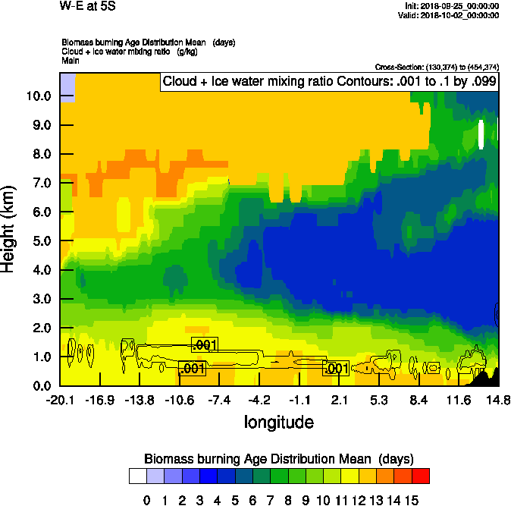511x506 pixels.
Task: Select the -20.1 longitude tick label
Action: click(59, 400)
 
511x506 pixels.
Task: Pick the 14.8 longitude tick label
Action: click(498, 400)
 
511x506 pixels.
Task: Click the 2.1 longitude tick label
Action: click(340, 400)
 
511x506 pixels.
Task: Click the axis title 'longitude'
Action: click(278, 421)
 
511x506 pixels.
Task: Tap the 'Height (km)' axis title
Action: click(9, 229)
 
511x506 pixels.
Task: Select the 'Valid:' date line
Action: click(450, 15)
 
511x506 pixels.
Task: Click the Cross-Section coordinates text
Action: click(437, 67)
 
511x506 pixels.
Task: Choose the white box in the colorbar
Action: click(137, 476)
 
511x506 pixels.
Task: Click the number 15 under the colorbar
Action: click(411, 501)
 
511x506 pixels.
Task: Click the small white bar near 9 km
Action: click(481, 134)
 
